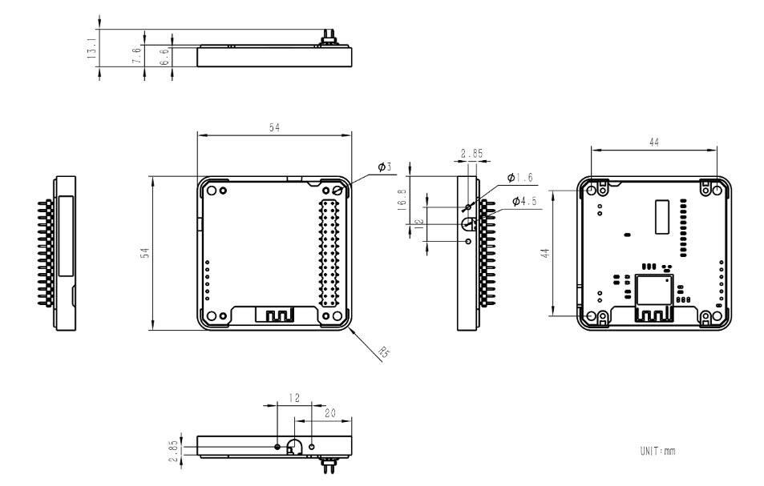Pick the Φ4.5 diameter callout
click(x=525, y=200)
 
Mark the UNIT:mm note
click(x=657, y=452)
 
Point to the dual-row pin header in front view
click(x=329, y=252)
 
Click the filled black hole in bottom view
click(x=277, y=446)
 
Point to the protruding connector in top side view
click(x=328, y=37)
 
